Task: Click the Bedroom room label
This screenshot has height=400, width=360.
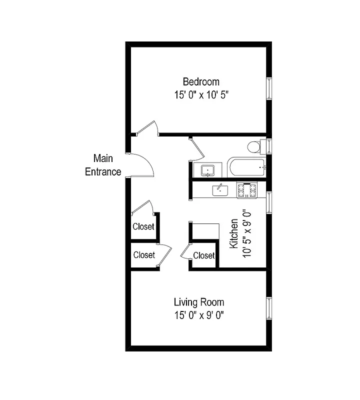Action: pyautogui.click(x=200, y=81)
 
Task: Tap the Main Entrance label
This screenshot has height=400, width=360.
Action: pyautogui.click(x=103, y=165)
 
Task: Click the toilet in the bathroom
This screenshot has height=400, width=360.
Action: pyautogui.click(x=254, y=147)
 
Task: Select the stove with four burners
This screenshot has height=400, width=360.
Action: pyautogui.click(x=246, y=190)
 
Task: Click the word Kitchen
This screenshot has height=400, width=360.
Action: pyautogui.click(x=233, y=234)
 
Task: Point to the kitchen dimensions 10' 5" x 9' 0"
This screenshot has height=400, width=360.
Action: pyautogui.click(x=246, y=234)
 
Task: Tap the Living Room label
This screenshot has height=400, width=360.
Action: pyautogui.click(x=198, y=302)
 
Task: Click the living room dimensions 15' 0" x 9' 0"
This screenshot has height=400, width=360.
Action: pyautogui.click(x=198, y=315)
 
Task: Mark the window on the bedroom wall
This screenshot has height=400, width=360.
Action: pyautogui.click(x=269, y=88)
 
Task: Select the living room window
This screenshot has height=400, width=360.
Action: pyautogui.click(x=269, y=308)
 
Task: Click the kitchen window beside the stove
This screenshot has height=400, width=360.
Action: pyautogui.click(x=269, y=202)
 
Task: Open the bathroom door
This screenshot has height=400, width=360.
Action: pyautogui.click(x=196, y=148)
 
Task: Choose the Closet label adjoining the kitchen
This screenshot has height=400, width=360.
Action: pyautogui.click(x=203, y=255)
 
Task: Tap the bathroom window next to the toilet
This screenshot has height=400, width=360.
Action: pyautogui.click(x=269, y=146)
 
